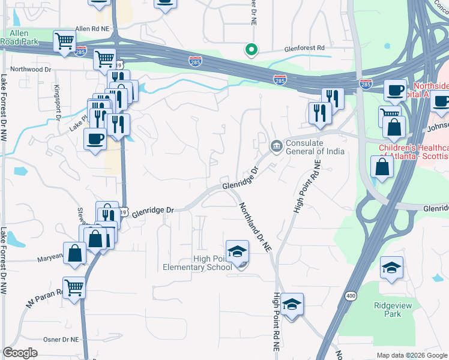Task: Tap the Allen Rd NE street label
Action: point(92,29)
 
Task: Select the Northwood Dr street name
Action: point(28,70)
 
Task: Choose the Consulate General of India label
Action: point(315,147)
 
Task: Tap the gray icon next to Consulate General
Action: point(276,145)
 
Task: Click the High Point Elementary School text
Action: point(197,263)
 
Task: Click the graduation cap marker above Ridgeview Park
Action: point(391,268)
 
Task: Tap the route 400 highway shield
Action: point(352,295)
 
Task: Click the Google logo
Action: point(20,353)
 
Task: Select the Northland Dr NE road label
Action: point(256,227)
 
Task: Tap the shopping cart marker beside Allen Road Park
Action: point(65,41)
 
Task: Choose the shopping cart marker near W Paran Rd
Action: point(74,287)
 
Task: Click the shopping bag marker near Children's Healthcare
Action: point(382,167)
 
